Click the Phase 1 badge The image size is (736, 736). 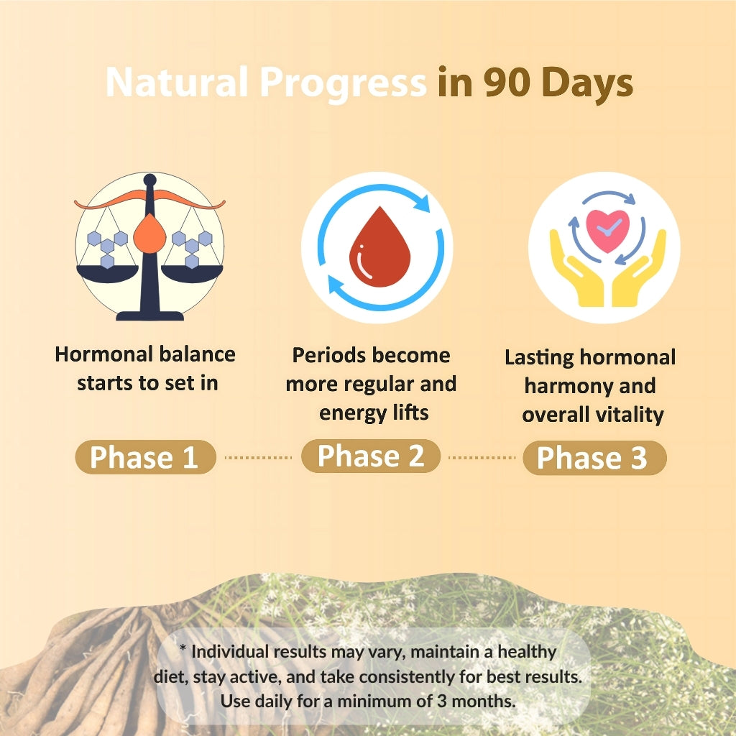(x=145, y=456)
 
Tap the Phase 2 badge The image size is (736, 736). (x=371, y=456)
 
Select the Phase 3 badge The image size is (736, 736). (x=594, y=458)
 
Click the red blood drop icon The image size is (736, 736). (x=379, y=247)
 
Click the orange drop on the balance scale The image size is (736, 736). (x=149, y=234)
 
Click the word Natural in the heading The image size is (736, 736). (x=177, y=82)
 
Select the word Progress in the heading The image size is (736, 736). (x=343, y=83)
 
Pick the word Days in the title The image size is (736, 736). (x=587, y=83)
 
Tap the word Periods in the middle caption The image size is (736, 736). (x=328, y=355)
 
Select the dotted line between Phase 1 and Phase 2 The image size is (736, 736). (x=258, y=457)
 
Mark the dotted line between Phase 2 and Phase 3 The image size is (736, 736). (x=482, y=457)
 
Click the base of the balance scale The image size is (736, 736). (x=149, y=316)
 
